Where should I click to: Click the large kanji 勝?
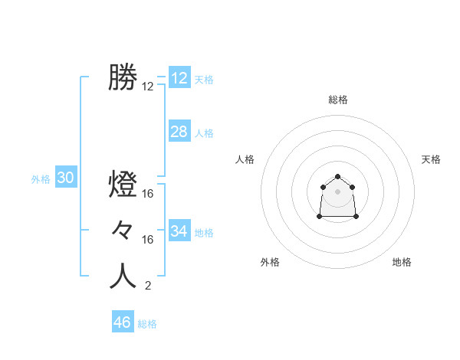point(123,77)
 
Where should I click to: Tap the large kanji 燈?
point(123,185)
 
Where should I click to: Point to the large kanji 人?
point(123,276)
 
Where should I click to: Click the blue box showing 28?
point(179,132)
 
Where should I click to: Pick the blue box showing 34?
point(179,231)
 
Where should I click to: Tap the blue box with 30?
point(65,178)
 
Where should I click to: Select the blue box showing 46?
point(122,322)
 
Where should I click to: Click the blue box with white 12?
point(179,78)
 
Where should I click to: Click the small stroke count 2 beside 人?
point(147,286)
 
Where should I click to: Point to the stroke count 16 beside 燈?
point(148,195)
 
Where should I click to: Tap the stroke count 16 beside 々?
point(148,240)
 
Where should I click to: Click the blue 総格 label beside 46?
point(147,324)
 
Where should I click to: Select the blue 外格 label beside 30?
point(41,179)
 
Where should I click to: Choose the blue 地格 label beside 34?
point(204,233)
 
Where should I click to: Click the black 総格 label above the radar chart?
point(337,100)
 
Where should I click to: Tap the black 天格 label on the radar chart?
point(431,159)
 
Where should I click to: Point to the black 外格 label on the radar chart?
point(270,262)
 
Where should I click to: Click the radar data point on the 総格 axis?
point(337,177)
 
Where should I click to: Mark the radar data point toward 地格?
point(356,217)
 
